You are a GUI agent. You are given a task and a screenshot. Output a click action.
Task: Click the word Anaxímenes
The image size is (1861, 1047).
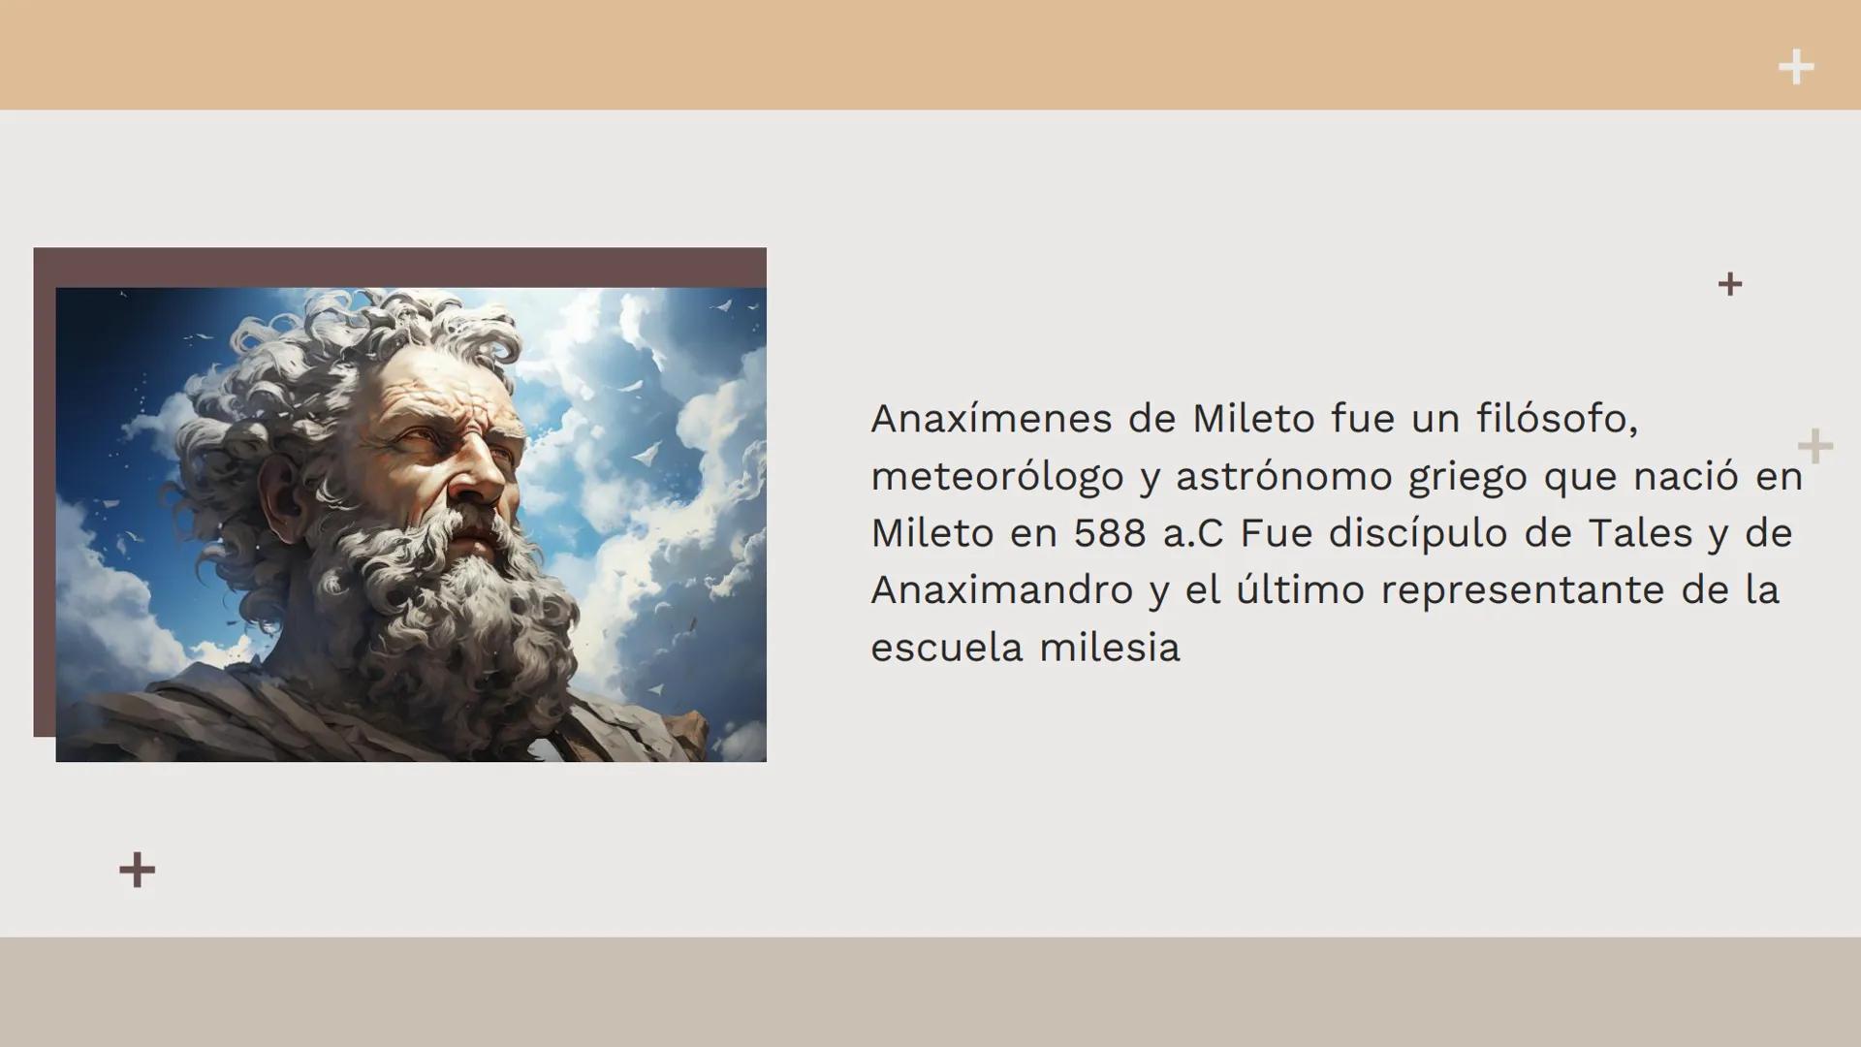[x=991, y=420]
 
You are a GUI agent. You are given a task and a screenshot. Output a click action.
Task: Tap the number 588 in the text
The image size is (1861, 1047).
[x=1109, y=534]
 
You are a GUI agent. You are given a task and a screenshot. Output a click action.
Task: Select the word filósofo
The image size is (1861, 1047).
[x=1557, y=420]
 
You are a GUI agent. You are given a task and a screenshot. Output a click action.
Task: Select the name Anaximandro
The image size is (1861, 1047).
[x=1001, y=590]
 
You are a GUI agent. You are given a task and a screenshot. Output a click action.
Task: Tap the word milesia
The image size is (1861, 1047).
[x=1109, y=648]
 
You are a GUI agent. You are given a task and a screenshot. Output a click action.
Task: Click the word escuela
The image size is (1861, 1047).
[x=946, y=648]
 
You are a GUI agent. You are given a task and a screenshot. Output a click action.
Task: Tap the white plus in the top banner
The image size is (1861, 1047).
[x=1795, y=68]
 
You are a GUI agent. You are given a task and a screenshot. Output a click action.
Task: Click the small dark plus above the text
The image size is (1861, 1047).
[x=1729, y=284]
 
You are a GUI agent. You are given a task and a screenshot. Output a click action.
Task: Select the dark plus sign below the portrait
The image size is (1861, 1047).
[x=137, y=870]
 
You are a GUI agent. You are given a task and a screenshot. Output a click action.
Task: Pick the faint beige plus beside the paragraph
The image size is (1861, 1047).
[x=1814, y=447]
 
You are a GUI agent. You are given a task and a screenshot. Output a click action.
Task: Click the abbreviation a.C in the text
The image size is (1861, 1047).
[x=1193, y=534]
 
